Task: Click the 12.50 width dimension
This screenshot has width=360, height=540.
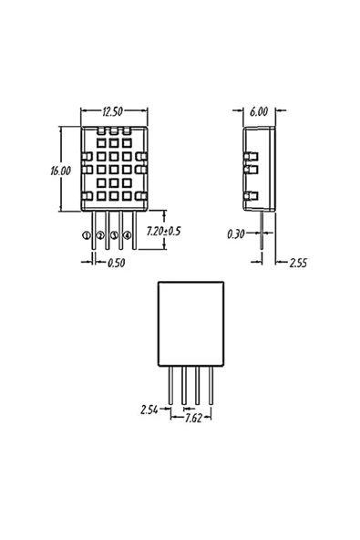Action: [x=112, y=111]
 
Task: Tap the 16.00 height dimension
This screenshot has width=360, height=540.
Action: [x=60, y=171]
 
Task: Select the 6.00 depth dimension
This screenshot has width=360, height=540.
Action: [x=259, y=111]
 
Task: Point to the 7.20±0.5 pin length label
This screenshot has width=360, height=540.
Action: [x=163, y=231]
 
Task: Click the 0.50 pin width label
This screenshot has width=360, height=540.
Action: [x=116, y=263]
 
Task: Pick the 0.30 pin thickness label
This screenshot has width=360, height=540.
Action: [x=236, y=234]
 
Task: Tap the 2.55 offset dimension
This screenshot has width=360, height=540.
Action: [x=298, y=263]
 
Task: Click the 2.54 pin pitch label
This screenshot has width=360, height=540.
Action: [x=149, y=410]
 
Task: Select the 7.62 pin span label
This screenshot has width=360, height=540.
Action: [x=193, y=418]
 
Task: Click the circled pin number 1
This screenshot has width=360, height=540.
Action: [x=86, y=235]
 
